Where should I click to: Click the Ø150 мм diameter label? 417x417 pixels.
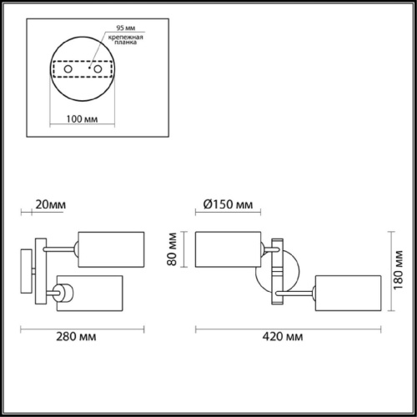coord(227,203)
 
